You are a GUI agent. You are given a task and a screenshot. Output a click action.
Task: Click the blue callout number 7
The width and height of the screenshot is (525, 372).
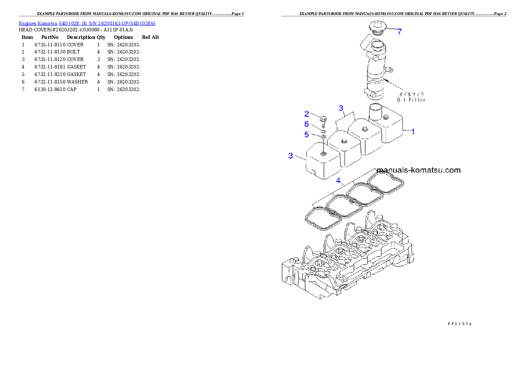[399, 32]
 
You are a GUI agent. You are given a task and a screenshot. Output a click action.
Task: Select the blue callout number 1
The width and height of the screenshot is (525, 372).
[413, 132]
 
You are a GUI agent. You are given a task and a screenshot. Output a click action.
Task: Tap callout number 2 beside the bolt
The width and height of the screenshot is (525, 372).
[307, 114]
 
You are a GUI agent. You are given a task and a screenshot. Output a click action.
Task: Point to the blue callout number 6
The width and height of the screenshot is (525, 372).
[307, 124]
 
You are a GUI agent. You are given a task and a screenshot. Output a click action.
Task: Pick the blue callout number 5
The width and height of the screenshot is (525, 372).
[307, 135]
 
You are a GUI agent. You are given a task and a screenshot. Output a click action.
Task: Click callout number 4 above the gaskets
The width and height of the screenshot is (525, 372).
[338, 181]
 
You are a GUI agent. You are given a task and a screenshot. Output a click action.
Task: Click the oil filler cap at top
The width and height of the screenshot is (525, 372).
[377, 28]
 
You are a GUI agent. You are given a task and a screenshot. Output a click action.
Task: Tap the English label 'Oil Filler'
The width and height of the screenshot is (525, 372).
[411, 100]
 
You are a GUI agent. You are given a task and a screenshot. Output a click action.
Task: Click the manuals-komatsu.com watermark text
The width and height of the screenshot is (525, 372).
[419, 170]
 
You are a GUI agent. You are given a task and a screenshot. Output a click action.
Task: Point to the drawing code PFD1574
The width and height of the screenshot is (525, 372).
[460, 324]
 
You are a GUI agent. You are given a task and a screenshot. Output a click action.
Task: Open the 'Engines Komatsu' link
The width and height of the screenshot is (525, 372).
[38, 23]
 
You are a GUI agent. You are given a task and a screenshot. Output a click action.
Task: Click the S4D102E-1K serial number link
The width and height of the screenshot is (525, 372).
[107, 23]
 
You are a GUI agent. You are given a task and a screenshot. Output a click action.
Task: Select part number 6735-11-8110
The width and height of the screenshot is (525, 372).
[50, 45]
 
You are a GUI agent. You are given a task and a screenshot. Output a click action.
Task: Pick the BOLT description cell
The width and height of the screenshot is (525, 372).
[73, 52]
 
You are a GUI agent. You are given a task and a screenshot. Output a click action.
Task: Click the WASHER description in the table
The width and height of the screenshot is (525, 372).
[77, 82]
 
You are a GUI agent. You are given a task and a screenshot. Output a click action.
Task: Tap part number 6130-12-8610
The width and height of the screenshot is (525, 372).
[50, 89]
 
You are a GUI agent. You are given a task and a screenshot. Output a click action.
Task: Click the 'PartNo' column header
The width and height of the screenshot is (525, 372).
[50, 37]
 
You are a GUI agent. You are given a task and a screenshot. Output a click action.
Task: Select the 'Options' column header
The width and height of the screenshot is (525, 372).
[123, 37]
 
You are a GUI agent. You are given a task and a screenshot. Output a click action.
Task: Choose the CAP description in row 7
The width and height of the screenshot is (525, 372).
[71, 89]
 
